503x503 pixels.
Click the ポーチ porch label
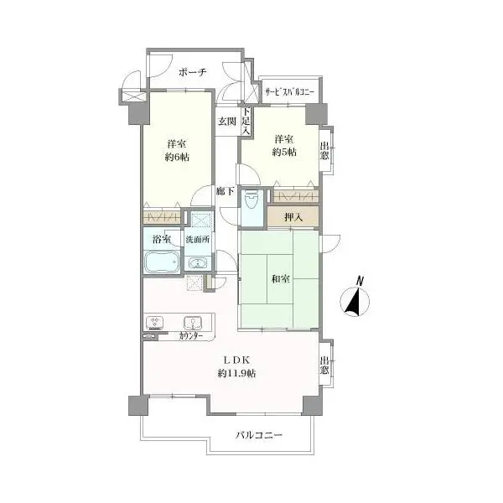click(192, 72)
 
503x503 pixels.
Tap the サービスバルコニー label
click(289, 92)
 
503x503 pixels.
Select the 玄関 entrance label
click(227, 122)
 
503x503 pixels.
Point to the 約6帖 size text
click(177, 157)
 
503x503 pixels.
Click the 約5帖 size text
click(284, 152)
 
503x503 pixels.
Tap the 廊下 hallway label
click(226, 191)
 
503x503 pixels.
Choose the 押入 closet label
click(293, 217)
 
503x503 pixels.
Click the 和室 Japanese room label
click(281, 279)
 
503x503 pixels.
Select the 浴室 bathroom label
click(162, 239)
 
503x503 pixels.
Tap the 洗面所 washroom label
click(198, 239)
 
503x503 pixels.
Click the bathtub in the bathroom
click(162, 262)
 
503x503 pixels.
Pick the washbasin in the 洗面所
click(197, 262)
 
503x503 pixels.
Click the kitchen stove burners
click(155, 323)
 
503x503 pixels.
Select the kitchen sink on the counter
click(192, 323)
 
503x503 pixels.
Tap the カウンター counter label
click(191, 336)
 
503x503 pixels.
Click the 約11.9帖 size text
click(236, 373)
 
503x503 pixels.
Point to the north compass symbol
click(355, 298)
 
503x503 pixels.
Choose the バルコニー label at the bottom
click(259, 435)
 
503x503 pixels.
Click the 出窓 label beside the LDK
click(324, 365)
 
